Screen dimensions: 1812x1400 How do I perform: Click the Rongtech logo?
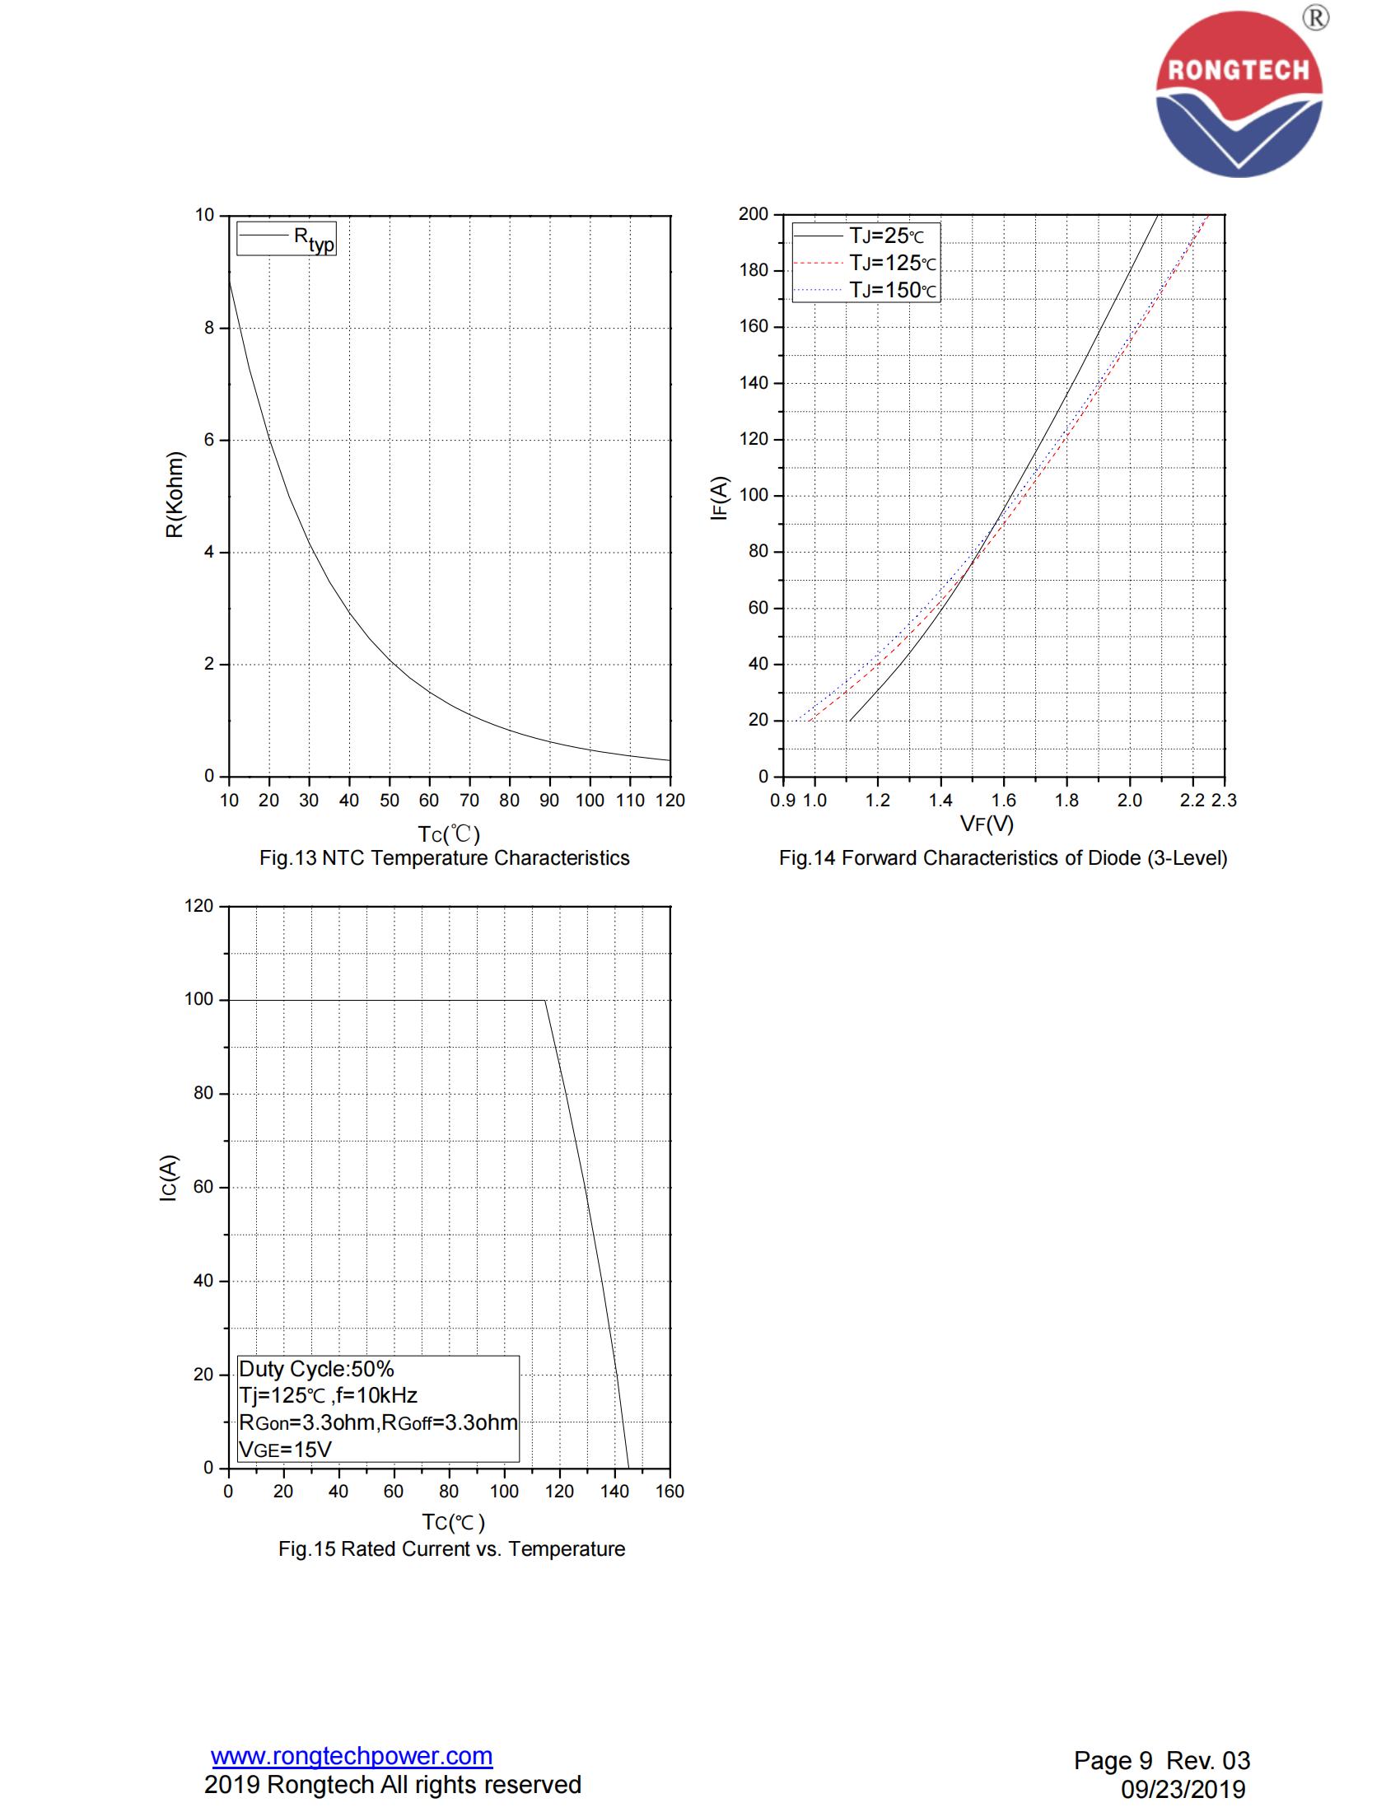pos(1239,93)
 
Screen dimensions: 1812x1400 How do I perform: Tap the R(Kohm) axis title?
pos(175,494)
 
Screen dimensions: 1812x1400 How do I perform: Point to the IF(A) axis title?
pos(718,497)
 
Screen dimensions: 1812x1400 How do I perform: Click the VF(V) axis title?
pos(987,824)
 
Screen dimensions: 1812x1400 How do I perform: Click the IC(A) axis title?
pos(168,1178)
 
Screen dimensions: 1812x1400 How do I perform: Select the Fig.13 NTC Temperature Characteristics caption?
pos(445,858)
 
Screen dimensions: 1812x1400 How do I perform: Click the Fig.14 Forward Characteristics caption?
pos(1003,858)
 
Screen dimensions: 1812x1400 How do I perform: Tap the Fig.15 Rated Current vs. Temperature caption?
pos(451,1549)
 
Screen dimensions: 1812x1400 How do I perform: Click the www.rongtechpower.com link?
pos(352,1756)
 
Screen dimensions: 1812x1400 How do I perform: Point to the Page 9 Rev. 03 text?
pos(1161,1760)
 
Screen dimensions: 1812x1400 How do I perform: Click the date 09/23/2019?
pos(1183,1789)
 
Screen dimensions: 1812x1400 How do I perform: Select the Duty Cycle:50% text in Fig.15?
pos(316,1369)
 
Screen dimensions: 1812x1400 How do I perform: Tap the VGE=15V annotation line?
pos(284,1450)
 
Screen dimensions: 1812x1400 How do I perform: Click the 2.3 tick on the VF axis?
pos(1223,800)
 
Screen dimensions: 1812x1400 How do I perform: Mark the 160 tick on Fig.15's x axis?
pos(670,1491)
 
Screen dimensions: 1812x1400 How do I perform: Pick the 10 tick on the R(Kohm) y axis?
pos(204,216)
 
